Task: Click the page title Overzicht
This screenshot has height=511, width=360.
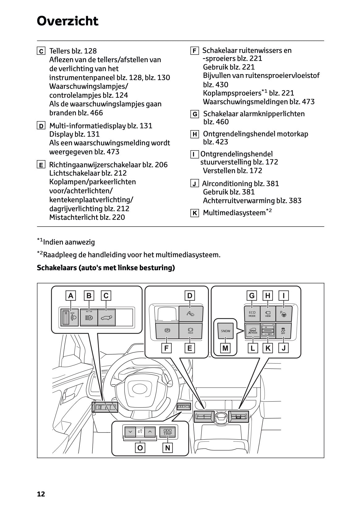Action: point(67,21)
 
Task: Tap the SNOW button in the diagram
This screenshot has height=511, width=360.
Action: point(226,331)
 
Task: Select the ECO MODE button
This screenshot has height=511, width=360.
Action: point(252,314)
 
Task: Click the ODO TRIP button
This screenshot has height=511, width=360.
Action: point(167,432)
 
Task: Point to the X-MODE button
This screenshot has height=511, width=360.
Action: point(252,331)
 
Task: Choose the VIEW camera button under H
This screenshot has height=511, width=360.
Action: point(268,314)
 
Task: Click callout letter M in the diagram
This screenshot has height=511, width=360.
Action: point(225,348)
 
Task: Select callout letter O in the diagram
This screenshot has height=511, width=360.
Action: point(140,448)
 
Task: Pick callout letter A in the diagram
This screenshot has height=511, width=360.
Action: point(71,296)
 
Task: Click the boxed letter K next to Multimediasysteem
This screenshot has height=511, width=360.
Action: point(195,213)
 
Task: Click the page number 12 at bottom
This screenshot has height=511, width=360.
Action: point(41,494)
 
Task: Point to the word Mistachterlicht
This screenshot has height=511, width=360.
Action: point(74,217)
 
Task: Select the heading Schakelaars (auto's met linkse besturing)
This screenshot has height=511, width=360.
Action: point(106,267)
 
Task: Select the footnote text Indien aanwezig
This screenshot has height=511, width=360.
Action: point(69,242)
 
